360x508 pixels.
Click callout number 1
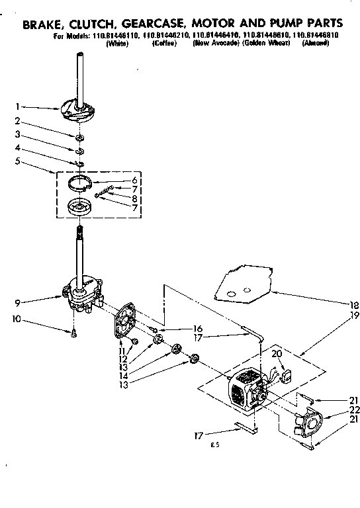pyautogui.click(x=19, y=105)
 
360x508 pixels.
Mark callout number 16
pyautogui.click(x=197, y=328)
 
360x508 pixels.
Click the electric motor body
pyautogui.click(x=244, y=394)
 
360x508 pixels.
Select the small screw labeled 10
pyautogui.click(x=74, y=333)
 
